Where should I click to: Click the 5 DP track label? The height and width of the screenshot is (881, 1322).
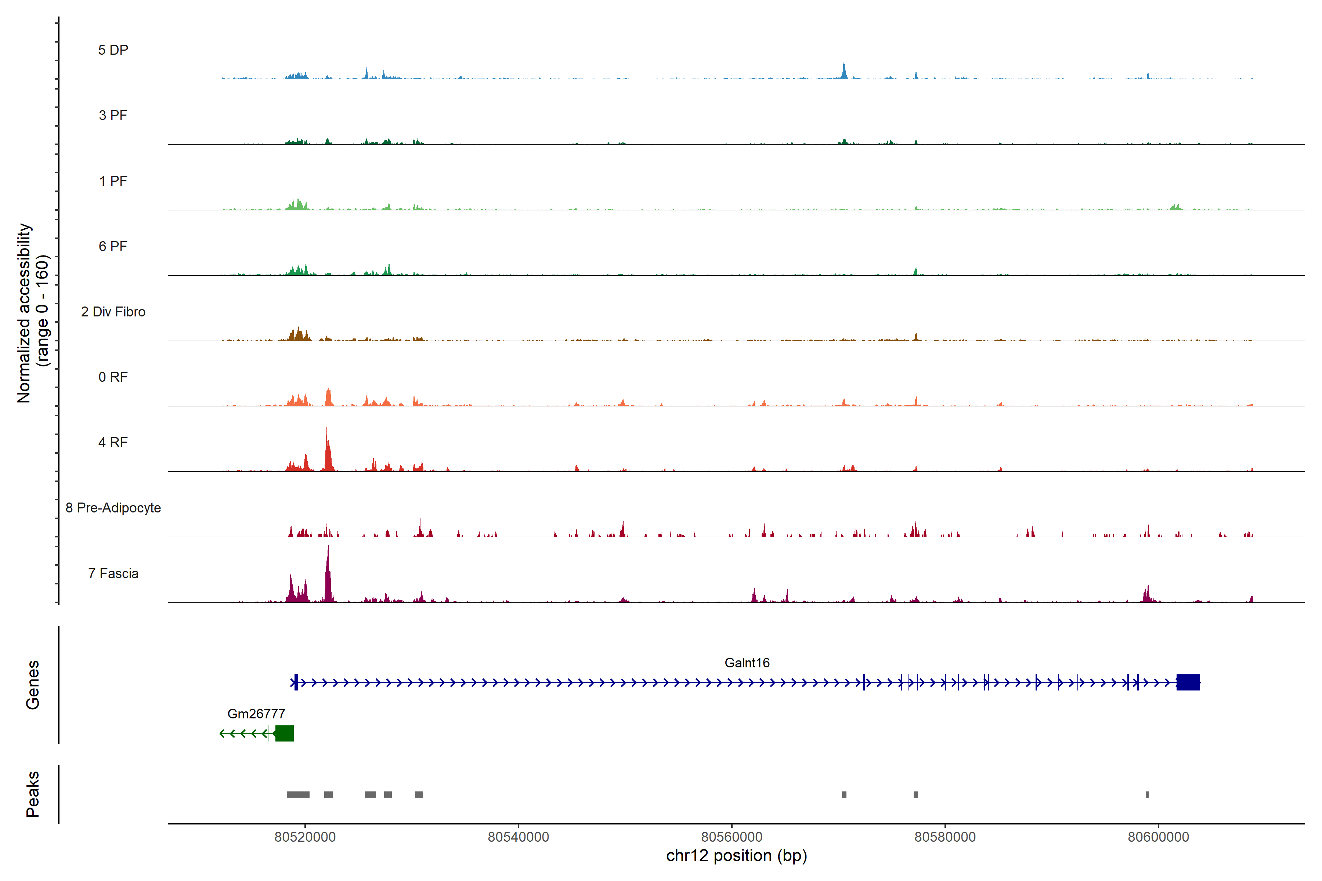click(113, 50)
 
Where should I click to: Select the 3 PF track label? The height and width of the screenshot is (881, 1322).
click(113, 115)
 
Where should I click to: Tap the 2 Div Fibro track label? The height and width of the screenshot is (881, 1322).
click(113, 312)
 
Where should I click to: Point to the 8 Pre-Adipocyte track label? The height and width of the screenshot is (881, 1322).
click(113, 508)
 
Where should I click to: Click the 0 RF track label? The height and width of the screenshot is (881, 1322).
click(113, 377)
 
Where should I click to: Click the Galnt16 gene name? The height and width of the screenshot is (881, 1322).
click(747, 663)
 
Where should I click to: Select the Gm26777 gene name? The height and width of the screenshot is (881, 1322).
click(256, 714)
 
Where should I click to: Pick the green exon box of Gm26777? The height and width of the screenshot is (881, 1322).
click(284, 733)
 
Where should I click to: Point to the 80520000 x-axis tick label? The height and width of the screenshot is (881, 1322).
click(305, 837)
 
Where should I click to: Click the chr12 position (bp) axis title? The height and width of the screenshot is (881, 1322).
click(736, 856)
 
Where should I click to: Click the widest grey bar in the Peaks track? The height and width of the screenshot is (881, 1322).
click(298, 794)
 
